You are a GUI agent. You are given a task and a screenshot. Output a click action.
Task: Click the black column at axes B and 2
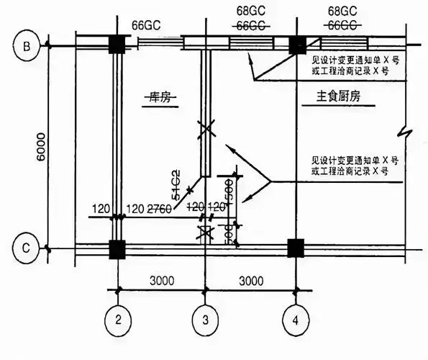[x=115, y=45]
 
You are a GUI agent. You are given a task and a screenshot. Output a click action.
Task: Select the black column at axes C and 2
[x=115, y=248]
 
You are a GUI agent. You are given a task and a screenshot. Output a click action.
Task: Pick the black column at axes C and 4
[x=296, y=248]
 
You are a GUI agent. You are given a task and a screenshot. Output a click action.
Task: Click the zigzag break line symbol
[x=400, y=132]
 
